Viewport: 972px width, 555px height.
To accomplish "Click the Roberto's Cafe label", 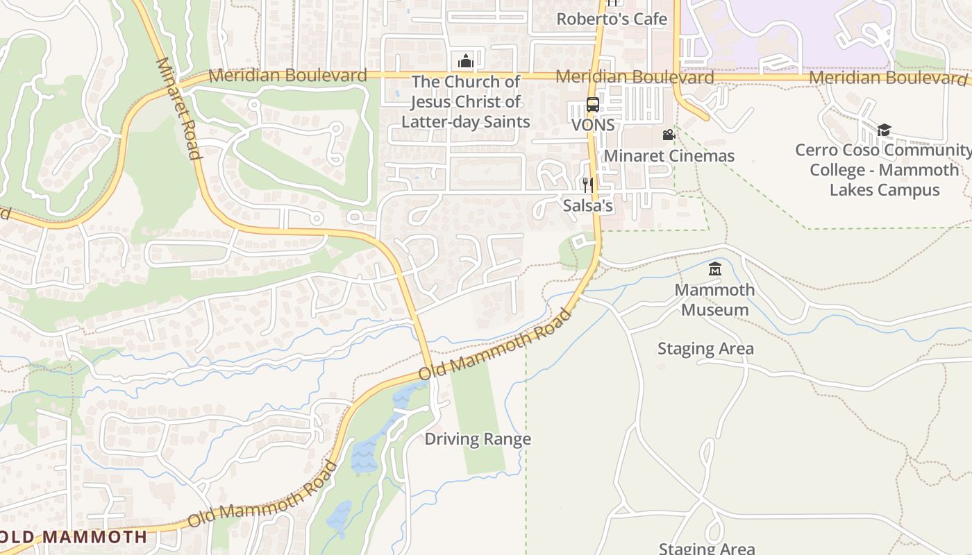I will tap(612, 19).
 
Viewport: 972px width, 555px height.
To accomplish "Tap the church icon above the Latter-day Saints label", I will tap(465, 61).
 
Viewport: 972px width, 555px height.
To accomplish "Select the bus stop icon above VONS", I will tap(593, 105).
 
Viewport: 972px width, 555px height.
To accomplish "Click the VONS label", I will tap(593, 125).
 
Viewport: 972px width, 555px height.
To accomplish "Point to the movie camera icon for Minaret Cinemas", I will tap(669, 135).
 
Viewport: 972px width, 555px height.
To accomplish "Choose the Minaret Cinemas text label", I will tap(669, 155).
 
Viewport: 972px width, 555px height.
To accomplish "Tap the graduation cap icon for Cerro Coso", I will tap(884, 130).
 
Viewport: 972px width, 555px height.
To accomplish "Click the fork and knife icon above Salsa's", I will tap(588, 185).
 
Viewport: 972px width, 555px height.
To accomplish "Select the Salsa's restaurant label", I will tap(588, 205).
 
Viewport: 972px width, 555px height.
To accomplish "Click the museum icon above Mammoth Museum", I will tap(714, 269).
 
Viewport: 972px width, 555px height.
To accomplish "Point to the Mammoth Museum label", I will tap(714, 300).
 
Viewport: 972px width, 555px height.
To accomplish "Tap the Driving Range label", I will tap(478, 439).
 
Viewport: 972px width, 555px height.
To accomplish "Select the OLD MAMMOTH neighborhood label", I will tap(74, 536).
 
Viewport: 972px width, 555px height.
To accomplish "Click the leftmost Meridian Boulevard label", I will tap(287, 75).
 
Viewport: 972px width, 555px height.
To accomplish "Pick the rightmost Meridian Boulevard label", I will tap(888, 78).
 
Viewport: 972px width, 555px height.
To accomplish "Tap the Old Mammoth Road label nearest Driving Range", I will tap(495, 345).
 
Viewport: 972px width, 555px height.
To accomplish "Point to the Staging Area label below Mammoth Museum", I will tap(705, 348).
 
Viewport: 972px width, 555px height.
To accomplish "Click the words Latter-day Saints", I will tap(465, 122).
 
